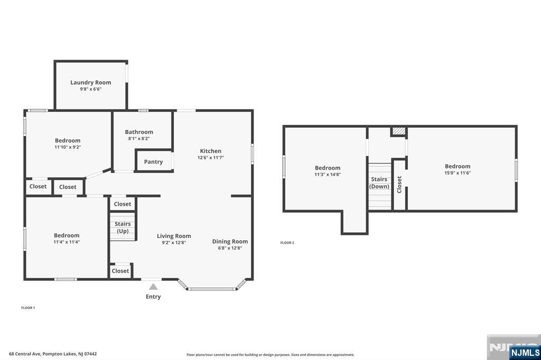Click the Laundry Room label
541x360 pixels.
[91, 82]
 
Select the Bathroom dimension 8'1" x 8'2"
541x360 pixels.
[139, 139]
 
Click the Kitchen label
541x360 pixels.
[210, 150]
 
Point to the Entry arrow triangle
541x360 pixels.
[153, 287]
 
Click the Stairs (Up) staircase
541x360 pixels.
[123, 227]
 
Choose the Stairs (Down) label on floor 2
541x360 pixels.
[379, 183]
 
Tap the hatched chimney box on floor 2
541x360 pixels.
[399, 131]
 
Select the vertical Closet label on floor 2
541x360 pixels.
[399, 184]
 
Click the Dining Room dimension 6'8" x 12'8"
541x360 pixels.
[230, 248]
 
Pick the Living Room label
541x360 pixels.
[174, 236]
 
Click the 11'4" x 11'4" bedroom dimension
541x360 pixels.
[67, 242]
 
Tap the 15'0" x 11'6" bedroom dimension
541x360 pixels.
[458, 173]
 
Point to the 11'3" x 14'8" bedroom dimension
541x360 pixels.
[328, 175]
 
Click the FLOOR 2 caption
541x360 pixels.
[287, 243]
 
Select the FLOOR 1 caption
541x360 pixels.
[28, 308]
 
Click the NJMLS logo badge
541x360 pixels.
[525, 353]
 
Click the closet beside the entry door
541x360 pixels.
[120, 271]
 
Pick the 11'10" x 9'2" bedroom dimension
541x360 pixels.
[68, 147]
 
